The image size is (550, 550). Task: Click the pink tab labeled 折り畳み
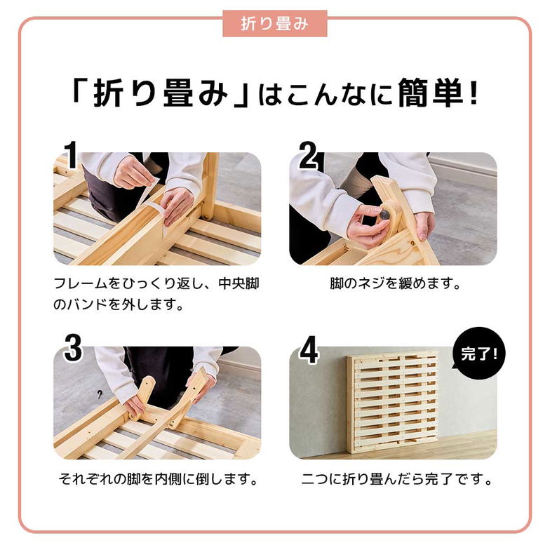click(x=274, y=23)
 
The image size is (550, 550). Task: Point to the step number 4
click(x=309, y=350)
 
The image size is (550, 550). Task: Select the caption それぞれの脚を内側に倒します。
click(x=157, y=481)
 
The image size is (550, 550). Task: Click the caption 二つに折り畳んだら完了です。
click(x=396, y=481)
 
